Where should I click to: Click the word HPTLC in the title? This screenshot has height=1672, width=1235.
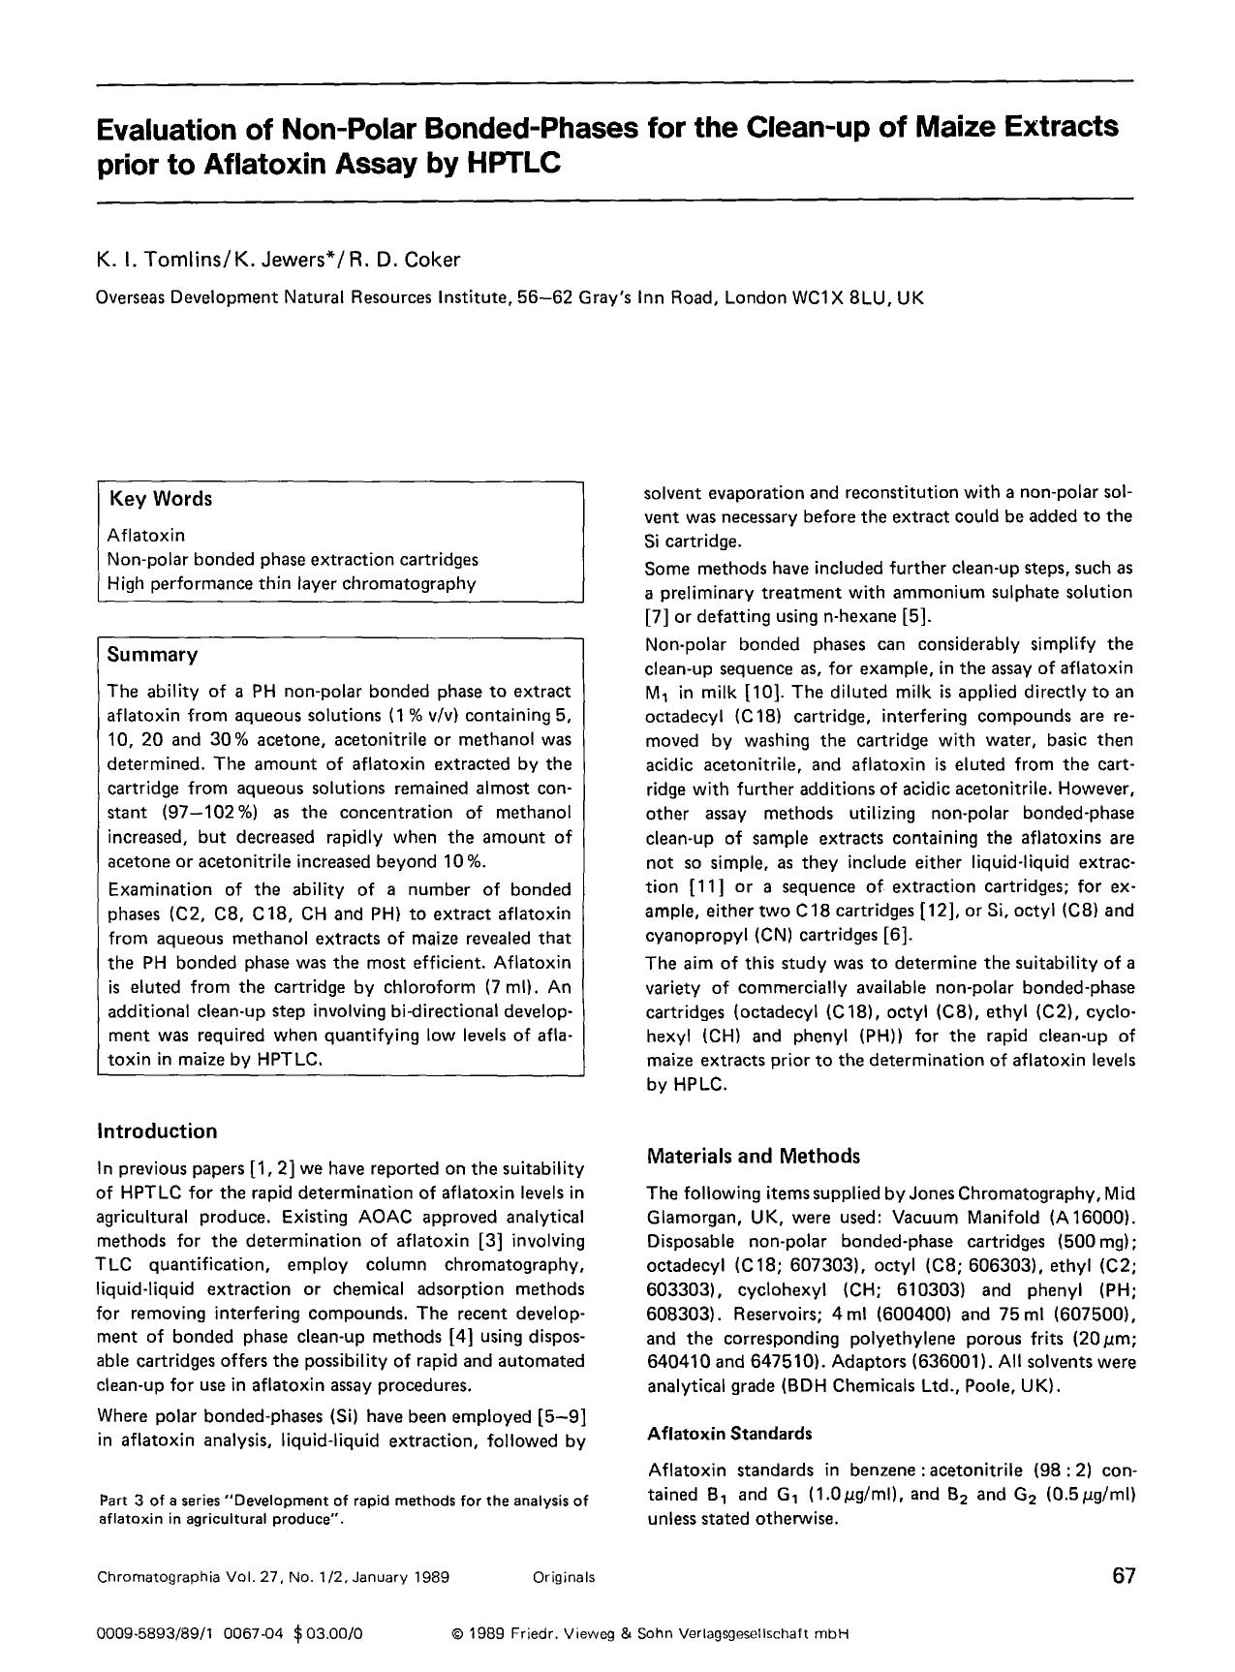tap(514, 164)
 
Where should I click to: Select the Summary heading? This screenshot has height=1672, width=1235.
tap(152, 655)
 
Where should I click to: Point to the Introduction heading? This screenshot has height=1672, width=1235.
tap(157, 1131)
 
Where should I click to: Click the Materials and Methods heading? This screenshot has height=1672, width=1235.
tap(753, 1156)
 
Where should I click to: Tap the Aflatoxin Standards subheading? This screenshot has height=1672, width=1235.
tap(729, 1433)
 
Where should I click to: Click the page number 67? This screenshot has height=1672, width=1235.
tap(1123, 1575)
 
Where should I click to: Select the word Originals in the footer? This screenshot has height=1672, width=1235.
tap(564, 1577)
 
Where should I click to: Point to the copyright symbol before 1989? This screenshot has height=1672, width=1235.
tap(456, 1633)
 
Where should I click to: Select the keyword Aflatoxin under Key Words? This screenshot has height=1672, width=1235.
tap(146, 535)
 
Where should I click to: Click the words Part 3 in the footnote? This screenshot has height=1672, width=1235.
tap(123, 1501)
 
